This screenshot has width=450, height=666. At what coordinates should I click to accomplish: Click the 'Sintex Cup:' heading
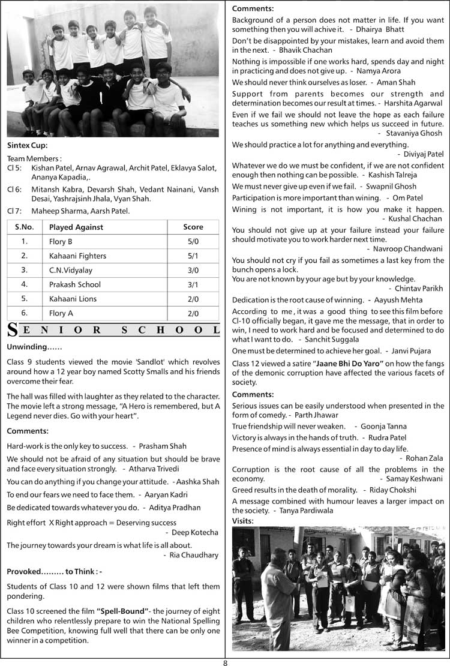point(27,145)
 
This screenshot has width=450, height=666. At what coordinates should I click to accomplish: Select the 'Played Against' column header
point(76,227)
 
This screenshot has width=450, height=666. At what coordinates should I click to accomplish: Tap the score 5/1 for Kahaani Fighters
point(193,256)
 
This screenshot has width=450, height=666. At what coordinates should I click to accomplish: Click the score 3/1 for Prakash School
point(193,284)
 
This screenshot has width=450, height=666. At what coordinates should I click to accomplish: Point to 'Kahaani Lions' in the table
point(73,299)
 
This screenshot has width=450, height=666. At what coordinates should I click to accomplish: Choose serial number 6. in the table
point(24,313)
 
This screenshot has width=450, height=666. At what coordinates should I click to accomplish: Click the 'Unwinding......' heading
point(34,347)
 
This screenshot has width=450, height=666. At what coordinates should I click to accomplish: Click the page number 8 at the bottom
point(225,662)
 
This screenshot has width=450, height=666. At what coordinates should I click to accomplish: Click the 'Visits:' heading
point(243,520)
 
